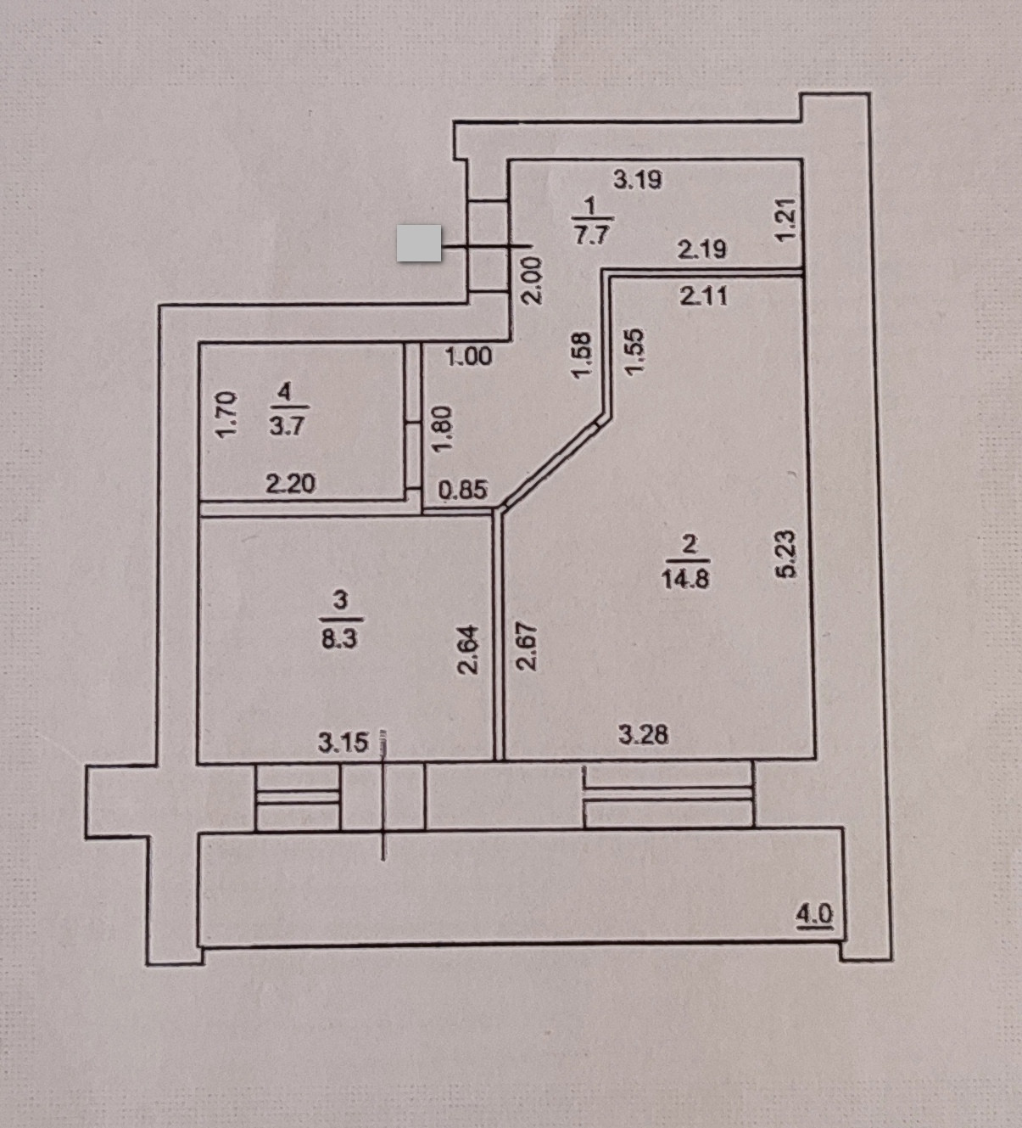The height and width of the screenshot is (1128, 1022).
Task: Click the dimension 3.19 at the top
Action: pos(637,180)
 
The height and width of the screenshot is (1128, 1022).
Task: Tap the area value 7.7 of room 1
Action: pos(591,235)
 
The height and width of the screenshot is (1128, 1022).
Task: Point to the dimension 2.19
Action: pos(701,250)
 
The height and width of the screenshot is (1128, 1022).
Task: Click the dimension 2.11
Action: pos(704,296)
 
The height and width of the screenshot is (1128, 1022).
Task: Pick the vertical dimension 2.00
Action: pos(533,281)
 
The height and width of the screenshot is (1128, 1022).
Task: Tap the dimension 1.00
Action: pos(468,356)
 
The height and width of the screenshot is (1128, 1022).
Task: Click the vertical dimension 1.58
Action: pos(581,355)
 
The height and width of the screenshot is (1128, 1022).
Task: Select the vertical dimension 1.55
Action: pos(634,351)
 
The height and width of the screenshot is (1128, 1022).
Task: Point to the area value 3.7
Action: pos(287,426)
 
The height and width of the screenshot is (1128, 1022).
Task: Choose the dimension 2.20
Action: pos(290,484)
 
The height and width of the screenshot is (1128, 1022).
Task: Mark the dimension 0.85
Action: pos(463,490)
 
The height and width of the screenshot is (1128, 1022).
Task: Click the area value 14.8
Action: pos(685,579)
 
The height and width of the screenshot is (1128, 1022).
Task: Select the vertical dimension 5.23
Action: pos(787,553)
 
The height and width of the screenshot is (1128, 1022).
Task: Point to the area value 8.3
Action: pos(338,638)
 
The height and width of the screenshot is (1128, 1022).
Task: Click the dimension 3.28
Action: pos(643,734)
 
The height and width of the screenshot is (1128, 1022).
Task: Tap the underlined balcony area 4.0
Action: pos(814,915)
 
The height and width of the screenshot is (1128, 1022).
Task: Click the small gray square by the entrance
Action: pos(419,243)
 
